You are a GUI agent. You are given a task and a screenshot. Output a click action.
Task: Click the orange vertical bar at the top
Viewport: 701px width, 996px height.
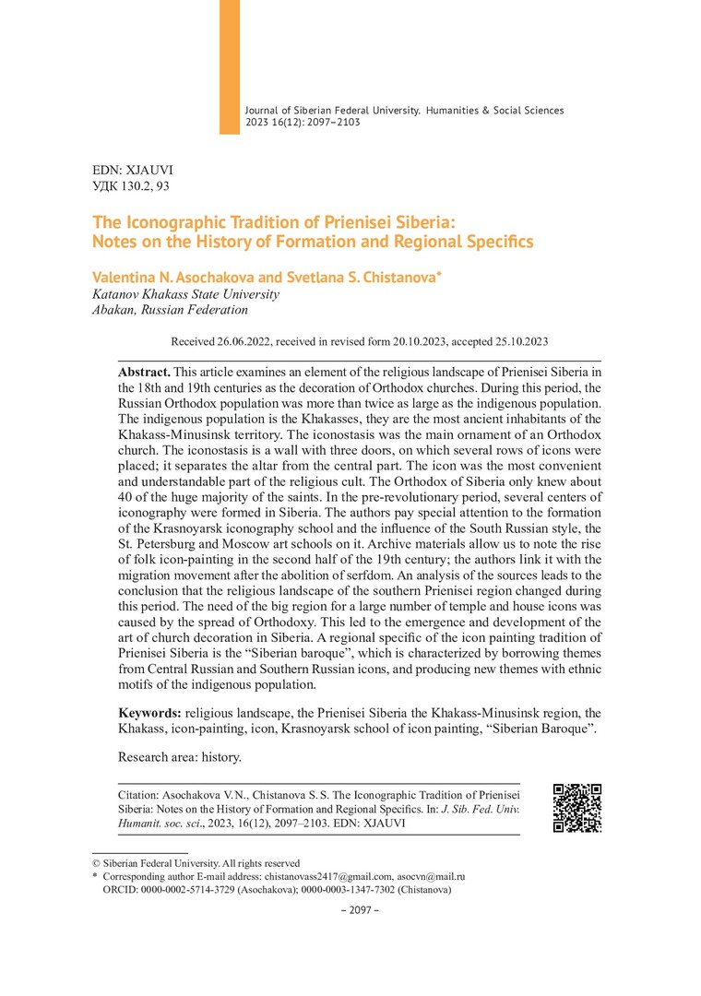coord(229,66)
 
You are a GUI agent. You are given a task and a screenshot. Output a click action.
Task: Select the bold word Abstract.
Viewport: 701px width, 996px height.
coord(144,370)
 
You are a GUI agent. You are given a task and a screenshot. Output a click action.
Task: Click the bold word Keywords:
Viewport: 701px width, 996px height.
coord(150,713)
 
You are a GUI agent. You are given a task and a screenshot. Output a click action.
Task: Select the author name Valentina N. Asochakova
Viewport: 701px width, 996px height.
coord(161,277)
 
